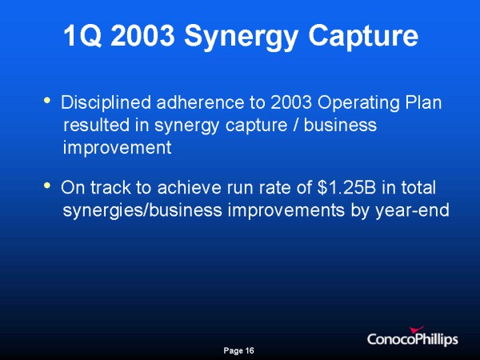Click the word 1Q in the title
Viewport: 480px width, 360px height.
(82, 35)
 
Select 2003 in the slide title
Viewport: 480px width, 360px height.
(143, 35)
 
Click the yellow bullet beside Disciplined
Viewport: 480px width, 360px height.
(47, 100)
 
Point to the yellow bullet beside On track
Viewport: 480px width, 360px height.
(47, 185)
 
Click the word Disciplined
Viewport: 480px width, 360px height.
(106, 102)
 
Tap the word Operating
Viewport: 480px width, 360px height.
(358, 104)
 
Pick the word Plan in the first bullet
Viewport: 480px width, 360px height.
(424, 102)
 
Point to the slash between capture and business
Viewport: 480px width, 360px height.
(295, 126)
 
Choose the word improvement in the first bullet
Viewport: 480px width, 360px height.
(118, 148)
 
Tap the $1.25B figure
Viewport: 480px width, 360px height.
(346, 187)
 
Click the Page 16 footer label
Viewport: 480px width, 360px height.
(238, 350)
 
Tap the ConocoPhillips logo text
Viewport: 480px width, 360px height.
(413, 339)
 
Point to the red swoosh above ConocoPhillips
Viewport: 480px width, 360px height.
(416, 330)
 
